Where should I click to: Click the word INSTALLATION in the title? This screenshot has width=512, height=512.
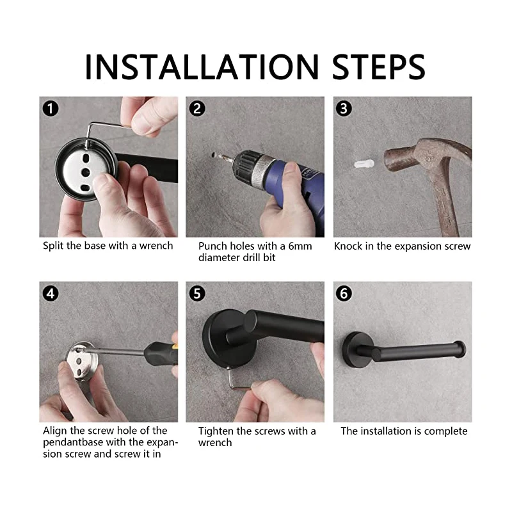pos(202,67)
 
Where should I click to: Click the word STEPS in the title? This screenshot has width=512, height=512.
pos(378,67)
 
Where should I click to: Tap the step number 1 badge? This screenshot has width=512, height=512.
pos(51,108)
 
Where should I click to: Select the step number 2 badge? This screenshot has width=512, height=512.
pos(197,108)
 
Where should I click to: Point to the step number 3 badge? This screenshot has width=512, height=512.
pos(344,108)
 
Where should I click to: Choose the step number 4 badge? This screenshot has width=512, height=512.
pos(51,294)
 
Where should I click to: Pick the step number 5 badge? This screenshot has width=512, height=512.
pos(197,294)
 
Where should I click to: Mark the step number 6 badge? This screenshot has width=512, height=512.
pos(344,294)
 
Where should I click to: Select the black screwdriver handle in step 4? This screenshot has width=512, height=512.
pos(161,354)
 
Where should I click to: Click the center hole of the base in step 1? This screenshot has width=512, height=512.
pos(85,172)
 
